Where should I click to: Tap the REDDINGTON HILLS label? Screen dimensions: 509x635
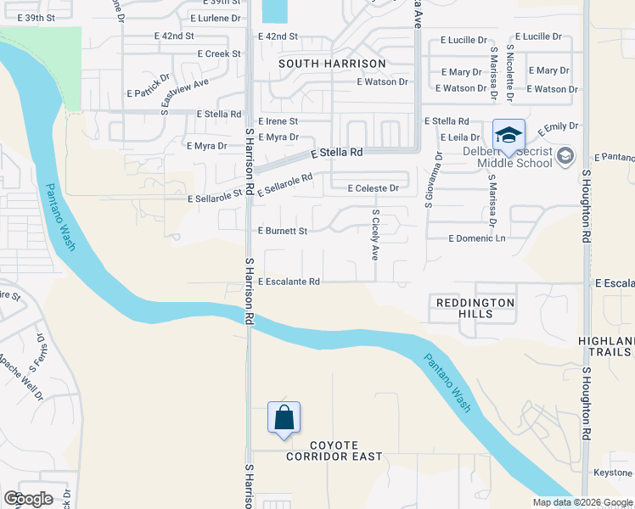click(x=475, y=308)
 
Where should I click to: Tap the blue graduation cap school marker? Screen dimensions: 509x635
click(x=509, y=136)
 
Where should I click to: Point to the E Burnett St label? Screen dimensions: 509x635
click(x=282, y=230)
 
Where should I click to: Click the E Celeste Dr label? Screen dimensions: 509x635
click(x=373, y=188)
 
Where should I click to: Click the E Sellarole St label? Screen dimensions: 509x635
click(x=216, y=199)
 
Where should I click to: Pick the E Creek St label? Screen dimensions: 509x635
click(x=219, y=53)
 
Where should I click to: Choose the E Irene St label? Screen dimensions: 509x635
click(x=278, y=121)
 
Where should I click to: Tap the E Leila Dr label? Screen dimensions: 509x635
click(x=460, y=137)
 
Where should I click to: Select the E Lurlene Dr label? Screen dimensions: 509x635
click(x=218, y=18)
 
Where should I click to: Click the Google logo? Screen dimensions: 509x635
click(x=28, y=499)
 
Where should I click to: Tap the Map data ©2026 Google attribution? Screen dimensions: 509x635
click(x=582, y=502)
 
